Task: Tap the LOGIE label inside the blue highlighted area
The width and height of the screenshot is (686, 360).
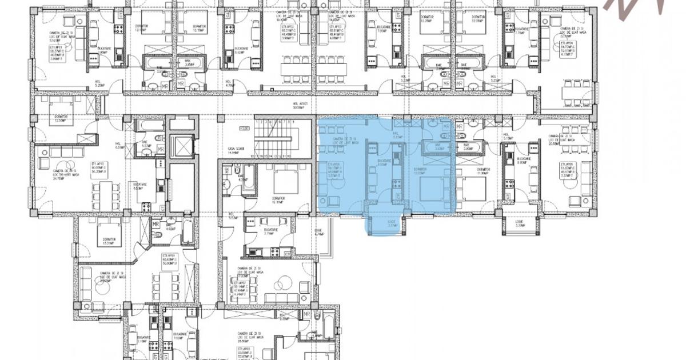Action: click(392, 224)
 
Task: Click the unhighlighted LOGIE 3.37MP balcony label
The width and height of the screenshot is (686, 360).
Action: click(519, 224)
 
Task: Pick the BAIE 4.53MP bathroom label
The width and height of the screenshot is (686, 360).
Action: click(145, 144)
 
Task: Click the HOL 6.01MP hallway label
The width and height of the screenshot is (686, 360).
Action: click(119, 146)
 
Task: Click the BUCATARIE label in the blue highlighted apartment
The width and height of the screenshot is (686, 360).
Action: click(384, 163)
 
